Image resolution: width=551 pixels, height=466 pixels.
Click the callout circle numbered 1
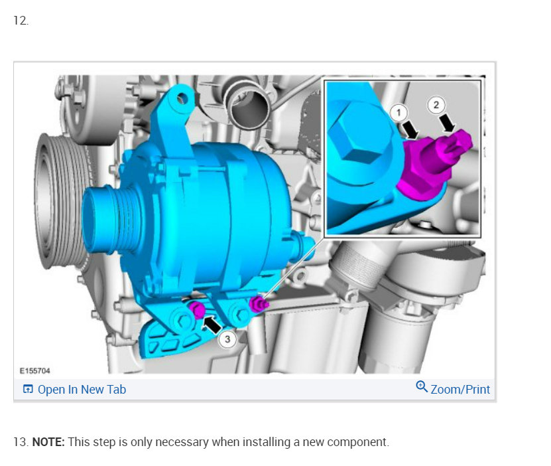pyautogui.click(x=398, y=113)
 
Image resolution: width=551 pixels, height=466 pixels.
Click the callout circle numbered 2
pyautogui.click(x=436, y=105)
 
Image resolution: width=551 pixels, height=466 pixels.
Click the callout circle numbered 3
pyautogui.click(x=227, y=339)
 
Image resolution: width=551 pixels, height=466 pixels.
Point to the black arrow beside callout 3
pyautogui.click(x=212, y=324)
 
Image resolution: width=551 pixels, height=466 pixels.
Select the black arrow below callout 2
pyautogui.click(x=448, y=123)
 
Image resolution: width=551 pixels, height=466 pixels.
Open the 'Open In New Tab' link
pyautogui.click(x=82, y=390)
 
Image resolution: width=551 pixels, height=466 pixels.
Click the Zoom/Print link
pyautogui.click(x=460, y=390)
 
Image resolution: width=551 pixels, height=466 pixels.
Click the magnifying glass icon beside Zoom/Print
pyautogui.click(x=422, y=386)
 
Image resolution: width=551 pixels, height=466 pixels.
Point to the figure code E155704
pyautogui.click(x=34, y=370)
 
